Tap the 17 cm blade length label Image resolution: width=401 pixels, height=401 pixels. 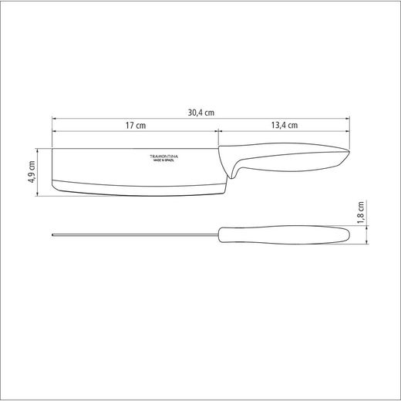[135, 125]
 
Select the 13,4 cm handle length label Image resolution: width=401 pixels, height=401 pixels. [285, 125]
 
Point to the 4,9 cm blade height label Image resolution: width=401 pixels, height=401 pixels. [32, 168]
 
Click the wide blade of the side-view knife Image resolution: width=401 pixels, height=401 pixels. [131, 168]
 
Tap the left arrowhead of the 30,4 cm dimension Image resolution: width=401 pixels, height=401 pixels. [54, 118]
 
